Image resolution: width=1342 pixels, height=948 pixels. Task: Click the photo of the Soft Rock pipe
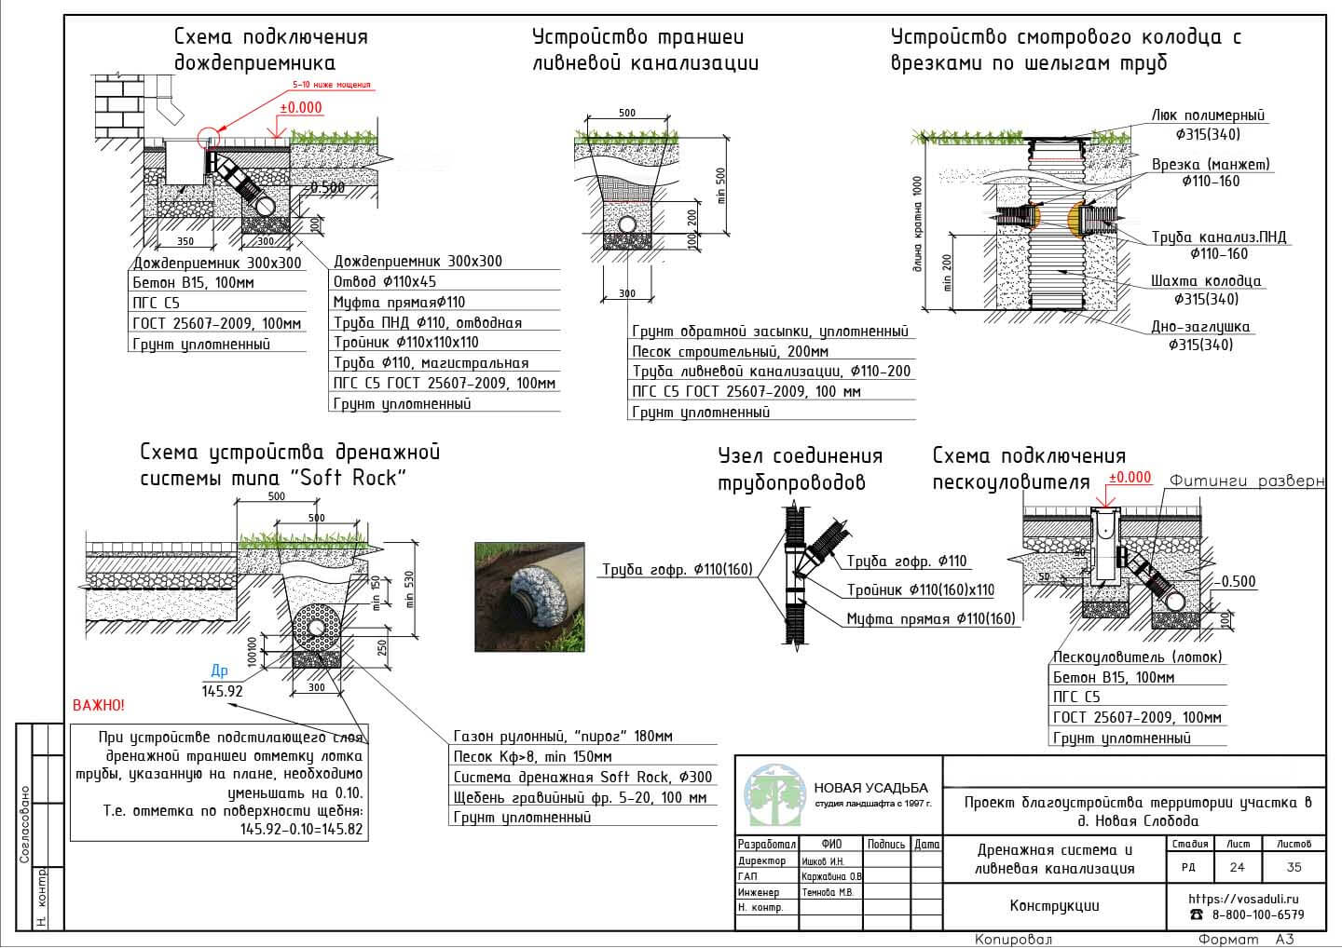coord(529,596)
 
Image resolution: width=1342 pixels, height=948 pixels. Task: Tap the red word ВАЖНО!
coord(98,706)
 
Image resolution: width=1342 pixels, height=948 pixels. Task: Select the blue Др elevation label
coord(219,670)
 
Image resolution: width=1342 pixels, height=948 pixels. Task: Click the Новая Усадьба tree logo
coord(774,794)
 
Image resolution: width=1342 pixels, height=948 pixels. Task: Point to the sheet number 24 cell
coord(1238,867)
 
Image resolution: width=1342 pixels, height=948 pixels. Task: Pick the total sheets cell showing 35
coord(1294,867)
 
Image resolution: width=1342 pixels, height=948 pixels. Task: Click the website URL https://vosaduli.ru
coord(1243,900)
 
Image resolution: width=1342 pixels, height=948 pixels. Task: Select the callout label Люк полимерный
coord(1208,116)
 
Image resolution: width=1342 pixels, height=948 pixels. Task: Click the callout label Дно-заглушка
coord(1208,327)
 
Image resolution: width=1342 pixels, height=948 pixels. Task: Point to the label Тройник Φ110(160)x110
coord(920,590)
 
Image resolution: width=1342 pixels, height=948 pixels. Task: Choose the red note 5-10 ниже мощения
coord(331,85)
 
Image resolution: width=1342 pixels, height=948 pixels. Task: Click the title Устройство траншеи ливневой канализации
coord(645,50)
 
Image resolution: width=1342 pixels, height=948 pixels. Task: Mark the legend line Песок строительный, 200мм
coord(730,352)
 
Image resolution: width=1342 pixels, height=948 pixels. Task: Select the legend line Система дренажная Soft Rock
coord(582,777)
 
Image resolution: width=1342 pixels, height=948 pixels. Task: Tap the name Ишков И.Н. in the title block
coord(823,861)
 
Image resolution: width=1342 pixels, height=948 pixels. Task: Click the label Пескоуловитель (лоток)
coord(1137,657)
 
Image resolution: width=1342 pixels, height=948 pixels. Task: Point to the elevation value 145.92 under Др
coord(222,691)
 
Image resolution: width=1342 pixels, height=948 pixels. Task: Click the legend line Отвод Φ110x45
coord(385,281)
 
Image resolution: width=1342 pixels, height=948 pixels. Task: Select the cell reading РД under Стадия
coord(1189,867)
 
